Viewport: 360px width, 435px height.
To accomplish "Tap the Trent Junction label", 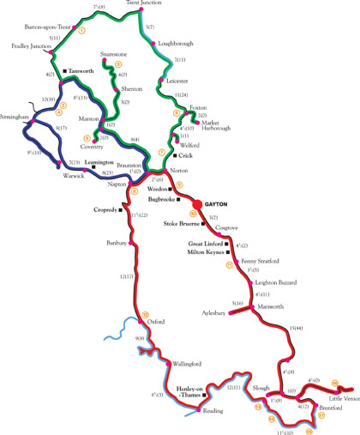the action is tap(143, 4).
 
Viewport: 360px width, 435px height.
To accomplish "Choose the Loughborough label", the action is tap(177, 42).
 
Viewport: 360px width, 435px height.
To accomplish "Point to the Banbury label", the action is tap(117, 243).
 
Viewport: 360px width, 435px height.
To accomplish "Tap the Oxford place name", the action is tap(155, 323).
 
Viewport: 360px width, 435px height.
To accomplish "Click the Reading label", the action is tap(212, 412).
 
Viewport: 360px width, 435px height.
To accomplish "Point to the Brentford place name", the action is tap(329, 410).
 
